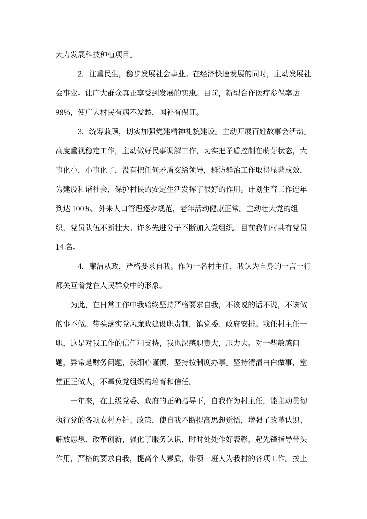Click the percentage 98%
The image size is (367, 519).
point(63,113)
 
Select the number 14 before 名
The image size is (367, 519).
point(59,247)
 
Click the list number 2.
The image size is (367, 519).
point(80,74)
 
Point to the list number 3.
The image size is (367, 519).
point(80,132)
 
